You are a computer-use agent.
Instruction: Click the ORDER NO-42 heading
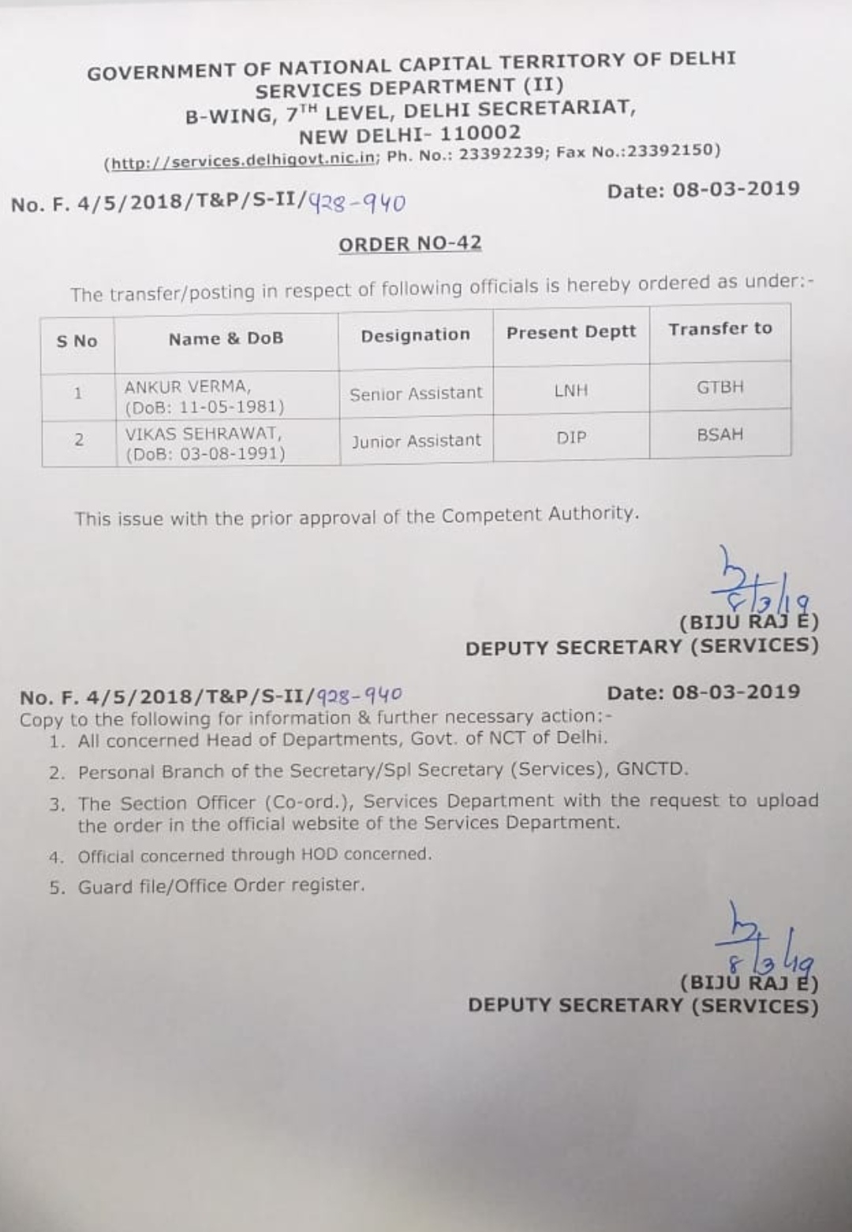(x=409, y=244)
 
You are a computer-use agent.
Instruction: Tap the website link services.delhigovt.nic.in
(x=242, y=161)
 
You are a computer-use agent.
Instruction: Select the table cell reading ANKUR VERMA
(x=187, y=387)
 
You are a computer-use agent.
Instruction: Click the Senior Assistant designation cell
(x=416, y=393)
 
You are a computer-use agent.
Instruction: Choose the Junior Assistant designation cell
(x=416, y=441)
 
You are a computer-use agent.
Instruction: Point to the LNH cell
(x=570, y=390)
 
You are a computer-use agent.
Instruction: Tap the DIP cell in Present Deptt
(x=571, y=437)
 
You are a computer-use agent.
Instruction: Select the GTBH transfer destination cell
(x=719, y=387)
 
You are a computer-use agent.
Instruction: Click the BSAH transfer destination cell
(x=719, y=435)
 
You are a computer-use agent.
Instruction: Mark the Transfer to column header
(x=719, y=329)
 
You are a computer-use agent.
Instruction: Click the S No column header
(x=77, y=341)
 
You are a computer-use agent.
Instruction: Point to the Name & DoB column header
(x=226, y=338)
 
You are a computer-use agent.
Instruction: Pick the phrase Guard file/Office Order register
(x=221, y=886)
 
